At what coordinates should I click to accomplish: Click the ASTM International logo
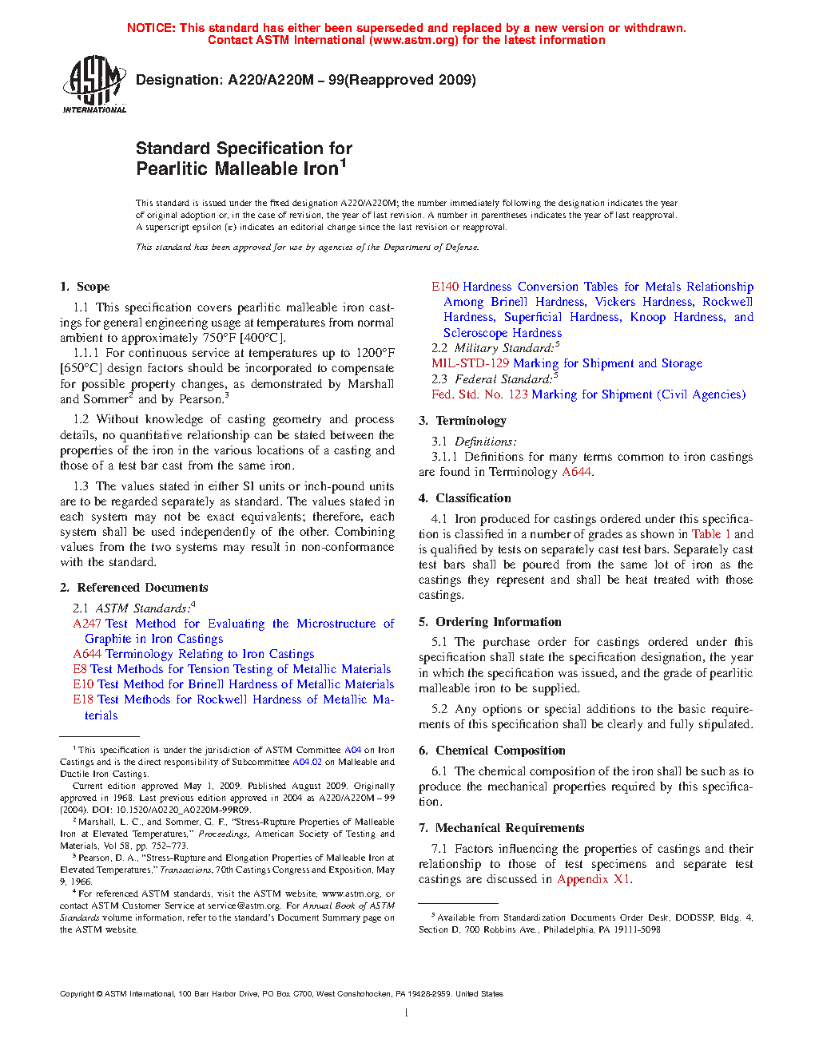[x=93, y=84]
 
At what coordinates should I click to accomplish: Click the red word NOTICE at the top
[x=151, y=28]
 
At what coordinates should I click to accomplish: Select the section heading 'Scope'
[x=93, y=287]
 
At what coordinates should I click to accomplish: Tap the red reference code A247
[x=87, y=624]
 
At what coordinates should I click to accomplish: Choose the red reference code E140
[x=445, y=287]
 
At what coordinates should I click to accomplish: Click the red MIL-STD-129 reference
[x=470, y=363]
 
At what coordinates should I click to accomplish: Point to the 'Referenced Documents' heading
[x=142, y=588]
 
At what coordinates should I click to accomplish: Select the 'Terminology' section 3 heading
[x=471, y=421]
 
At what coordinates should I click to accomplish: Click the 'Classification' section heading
[x=473, y=498]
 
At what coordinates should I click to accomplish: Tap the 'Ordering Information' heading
[x=499, y=622]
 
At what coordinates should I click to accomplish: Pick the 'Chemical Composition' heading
[x=500, y=751]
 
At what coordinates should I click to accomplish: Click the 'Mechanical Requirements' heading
[x=510, y=828]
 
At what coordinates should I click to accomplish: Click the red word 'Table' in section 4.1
[x=706, y=534]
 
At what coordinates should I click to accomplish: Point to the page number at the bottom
[x=407, y=1013]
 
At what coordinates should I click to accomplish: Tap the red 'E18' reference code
[x=83, y=699]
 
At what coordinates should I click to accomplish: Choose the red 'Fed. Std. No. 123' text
[x=479, y=394]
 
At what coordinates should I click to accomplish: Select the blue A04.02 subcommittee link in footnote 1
[x=307, y=762]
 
